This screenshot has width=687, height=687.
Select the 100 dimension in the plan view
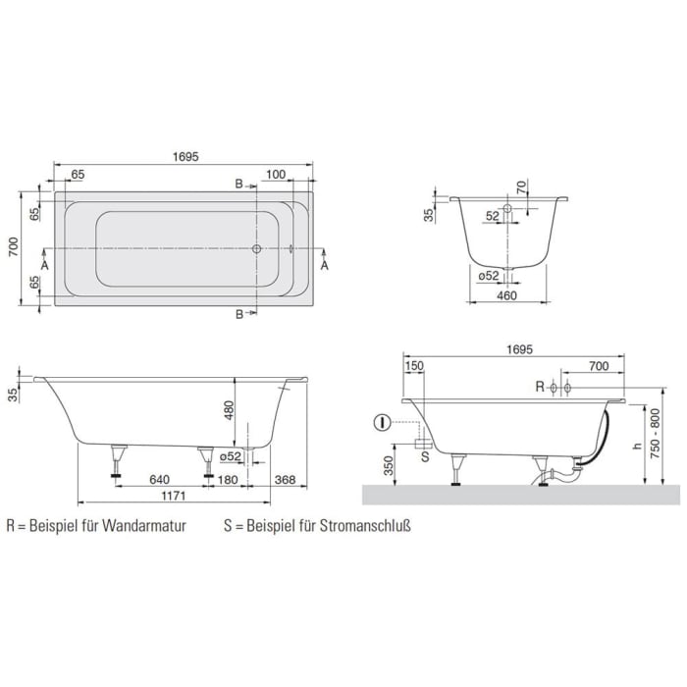[275, 175]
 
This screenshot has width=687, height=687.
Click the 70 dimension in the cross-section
[522, 185]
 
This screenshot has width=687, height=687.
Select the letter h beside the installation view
[638, 447]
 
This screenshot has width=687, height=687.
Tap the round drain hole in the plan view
[256, 249]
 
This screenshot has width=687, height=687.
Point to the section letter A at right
[325, 265]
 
